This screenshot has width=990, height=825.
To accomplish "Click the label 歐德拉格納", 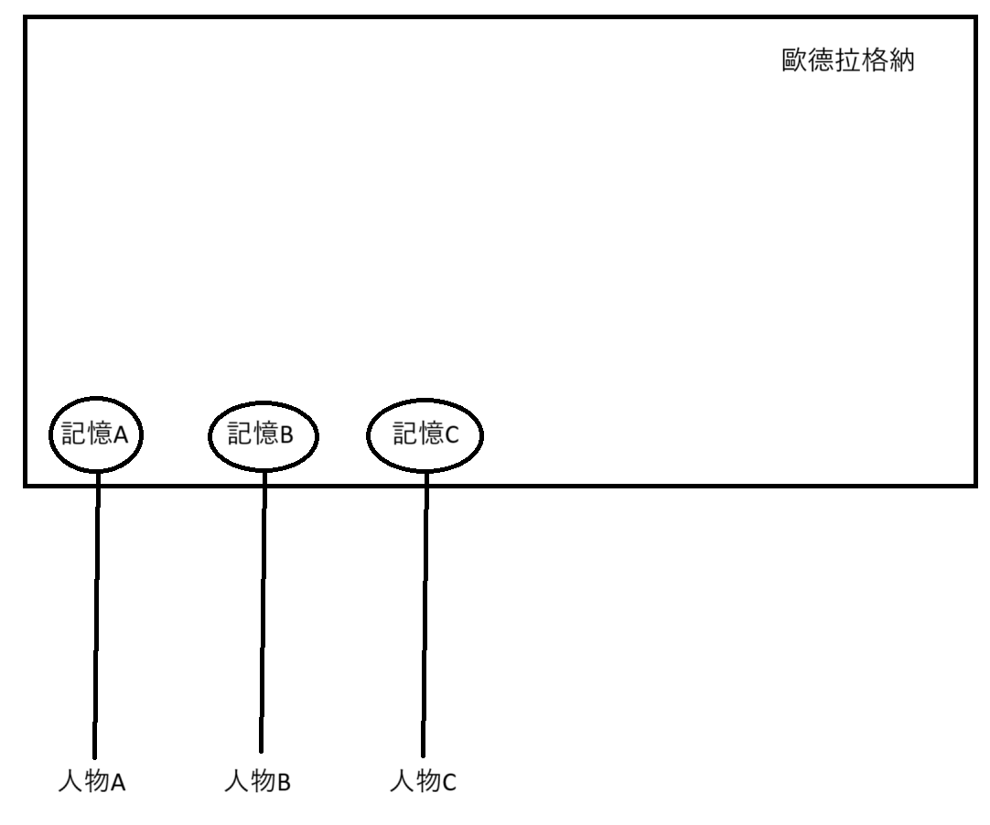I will pos(848,64).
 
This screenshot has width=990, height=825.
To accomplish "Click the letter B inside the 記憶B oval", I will pos(286,434).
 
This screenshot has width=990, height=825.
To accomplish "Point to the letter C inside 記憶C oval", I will pos(450,434).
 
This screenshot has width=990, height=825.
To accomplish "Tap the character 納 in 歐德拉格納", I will pos(902,64).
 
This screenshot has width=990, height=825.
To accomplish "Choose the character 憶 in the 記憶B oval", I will pos(266,434).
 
